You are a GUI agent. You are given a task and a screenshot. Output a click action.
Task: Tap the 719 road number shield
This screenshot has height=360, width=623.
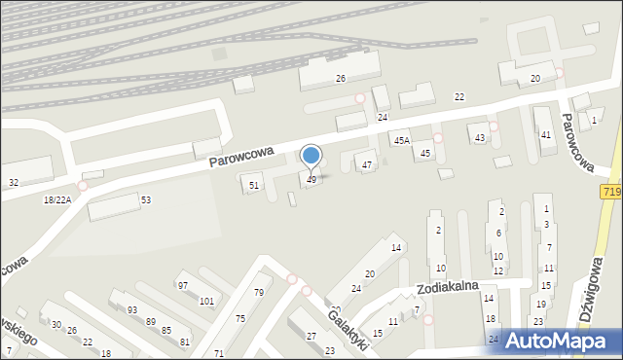[x=610, y=194]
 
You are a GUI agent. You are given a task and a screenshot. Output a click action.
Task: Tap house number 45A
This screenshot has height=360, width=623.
[x=401, y=142]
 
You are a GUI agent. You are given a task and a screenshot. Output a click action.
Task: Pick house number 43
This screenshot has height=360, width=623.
[x=479, y=138]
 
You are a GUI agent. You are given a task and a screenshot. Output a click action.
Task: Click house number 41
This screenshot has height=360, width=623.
[x=546, y=134]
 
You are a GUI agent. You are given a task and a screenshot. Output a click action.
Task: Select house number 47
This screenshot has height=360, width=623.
[x=367, y=165]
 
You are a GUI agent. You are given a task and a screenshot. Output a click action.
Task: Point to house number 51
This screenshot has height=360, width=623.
[x=254, y=185]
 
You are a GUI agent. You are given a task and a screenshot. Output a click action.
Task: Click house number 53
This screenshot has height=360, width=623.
[x=146, y=199]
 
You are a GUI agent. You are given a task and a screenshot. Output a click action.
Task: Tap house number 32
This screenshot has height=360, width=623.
[x=14, y=183]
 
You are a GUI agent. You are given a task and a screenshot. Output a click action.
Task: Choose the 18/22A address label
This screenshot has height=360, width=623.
[x=57, y=199]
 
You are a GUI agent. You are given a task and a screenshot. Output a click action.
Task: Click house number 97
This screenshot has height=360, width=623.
[x=182, y=285]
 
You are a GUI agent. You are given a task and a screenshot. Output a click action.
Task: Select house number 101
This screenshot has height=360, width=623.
[x=206, y=301]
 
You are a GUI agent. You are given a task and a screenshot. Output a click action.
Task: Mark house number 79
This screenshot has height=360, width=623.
[x=259, y=293]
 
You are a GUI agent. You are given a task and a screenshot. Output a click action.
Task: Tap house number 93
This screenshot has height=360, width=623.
[x=131, y=309]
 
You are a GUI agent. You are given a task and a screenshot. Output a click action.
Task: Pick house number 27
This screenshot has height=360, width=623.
[x=311, y=336]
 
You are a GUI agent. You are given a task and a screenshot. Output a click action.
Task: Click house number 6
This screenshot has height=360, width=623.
[x=497, y=234]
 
